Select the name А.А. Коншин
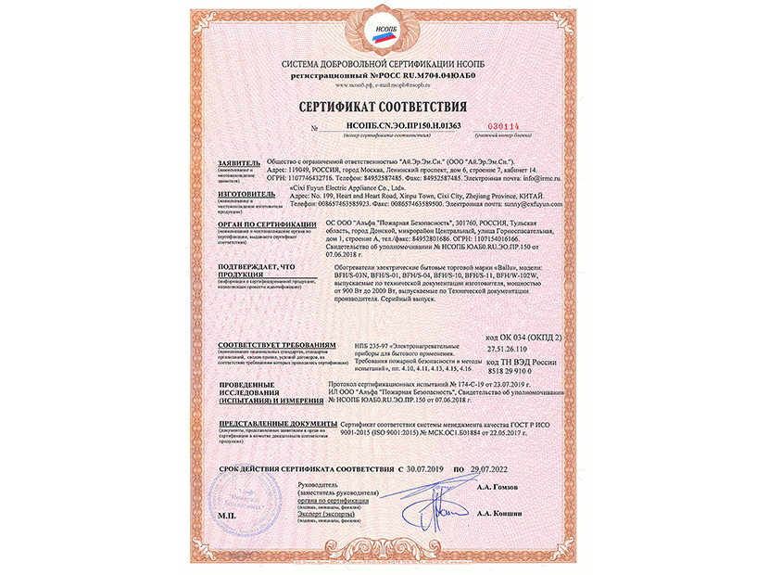(x=501, y=512)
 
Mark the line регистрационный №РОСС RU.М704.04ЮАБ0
(x=384, y=71)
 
